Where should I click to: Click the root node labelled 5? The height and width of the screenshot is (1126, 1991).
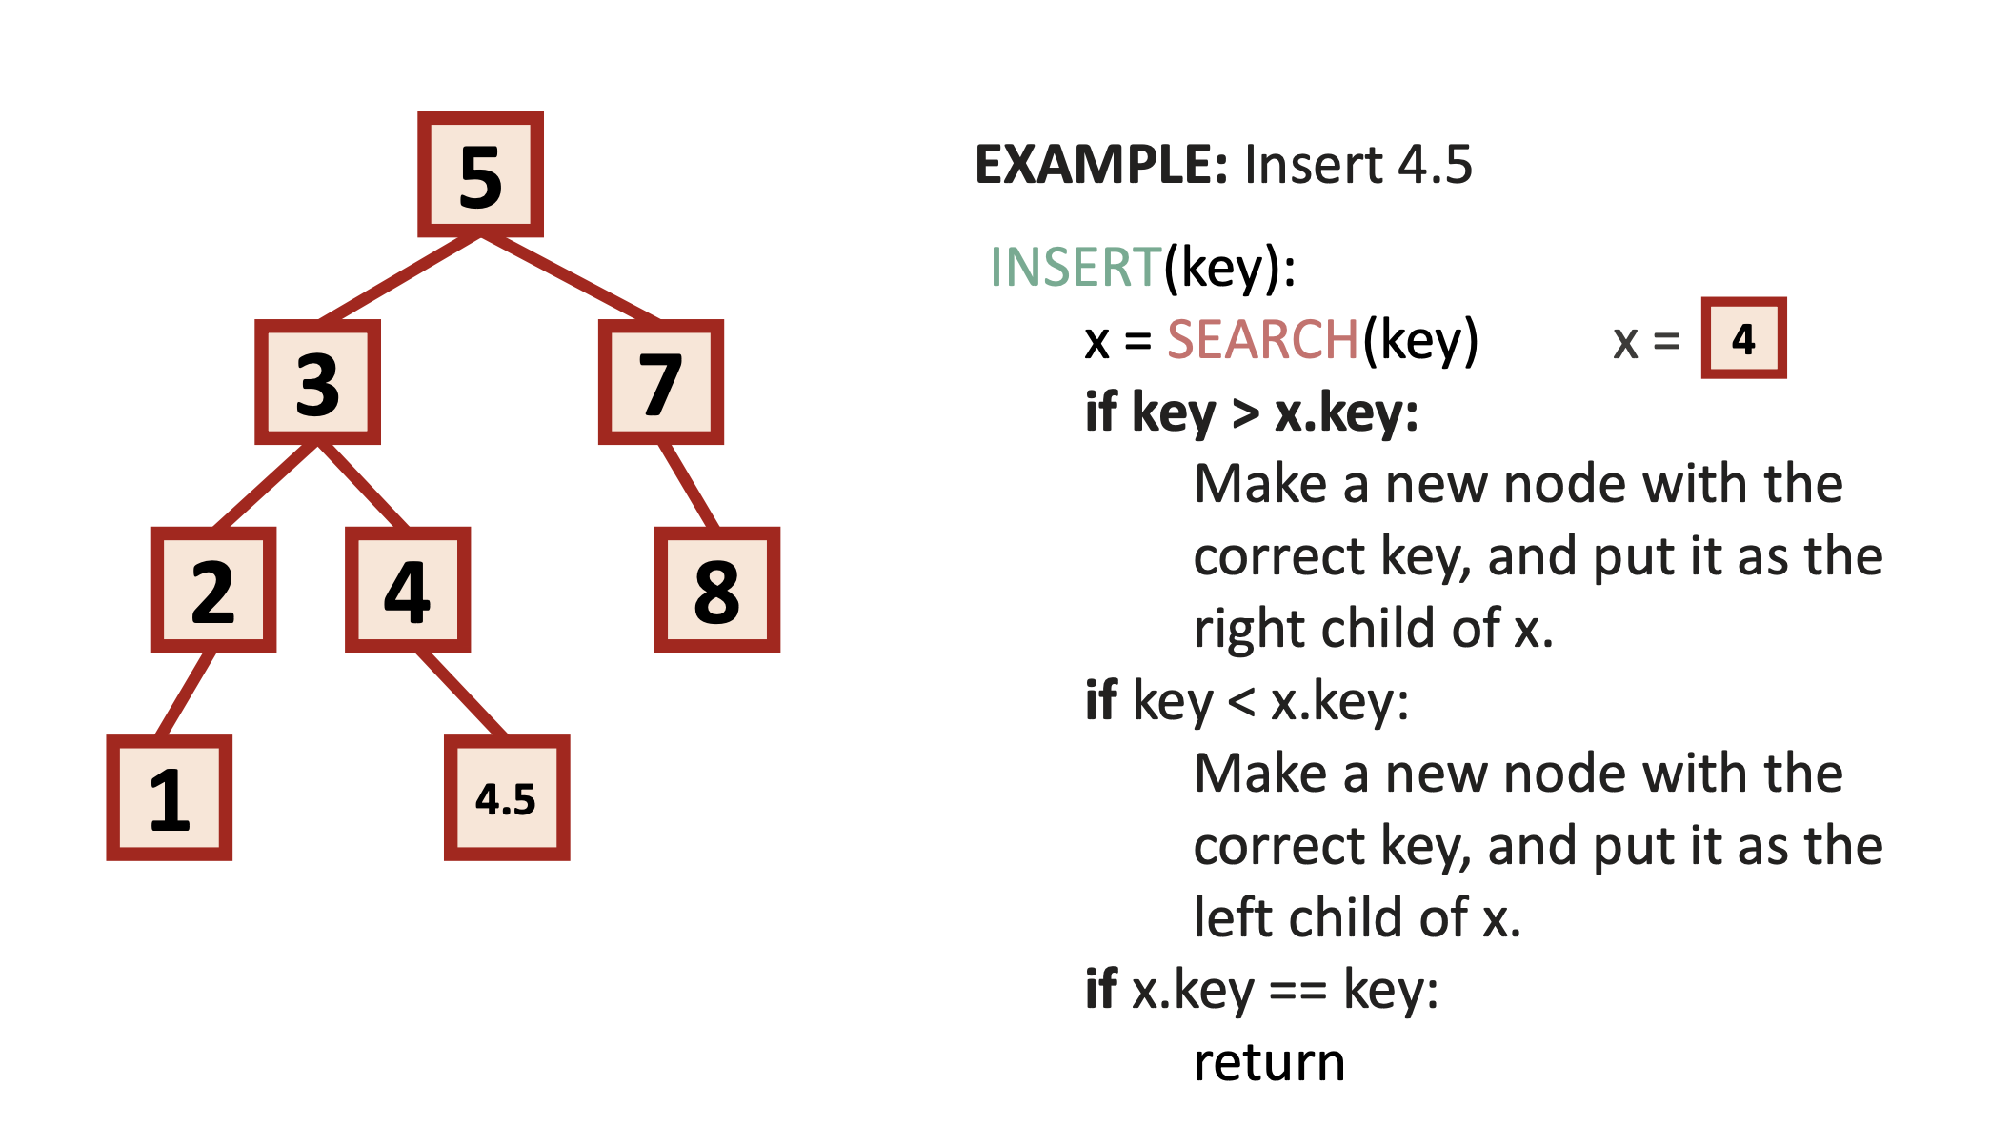click(x=480, y=174)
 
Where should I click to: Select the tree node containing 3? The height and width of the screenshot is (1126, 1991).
click(x=317, y=382)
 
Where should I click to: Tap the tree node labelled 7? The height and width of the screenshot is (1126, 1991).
click(x=660, y=382)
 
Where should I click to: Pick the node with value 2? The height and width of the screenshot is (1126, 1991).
click(x=213, y=590)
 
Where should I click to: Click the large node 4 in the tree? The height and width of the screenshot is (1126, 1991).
click(x=408, y=590)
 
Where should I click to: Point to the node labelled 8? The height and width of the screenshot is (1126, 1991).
click(x=716, y=590)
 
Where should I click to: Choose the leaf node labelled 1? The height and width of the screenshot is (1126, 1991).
click(x=170, y=797)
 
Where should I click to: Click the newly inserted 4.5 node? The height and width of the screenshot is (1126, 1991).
click(x=507, y=797)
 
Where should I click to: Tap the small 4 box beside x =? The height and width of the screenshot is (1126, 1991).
click(x=1743, y=338)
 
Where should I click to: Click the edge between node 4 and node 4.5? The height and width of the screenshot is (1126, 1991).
click(x=461, y=694)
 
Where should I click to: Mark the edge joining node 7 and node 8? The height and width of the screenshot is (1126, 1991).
click(x=689, y=486)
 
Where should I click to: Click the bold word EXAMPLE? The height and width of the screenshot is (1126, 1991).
click(x=1100, y=165)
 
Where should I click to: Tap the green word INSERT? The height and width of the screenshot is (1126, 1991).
click(x=1076, y=267)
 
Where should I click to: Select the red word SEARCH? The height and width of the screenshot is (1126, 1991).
click(x=1262, y=340)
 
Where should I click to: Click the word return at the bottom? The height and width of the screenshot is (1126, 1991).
click(x=1269, y=1062)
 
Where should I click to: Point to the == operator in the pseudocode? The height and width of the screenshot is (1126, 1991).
click(x=1298, y=992)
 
